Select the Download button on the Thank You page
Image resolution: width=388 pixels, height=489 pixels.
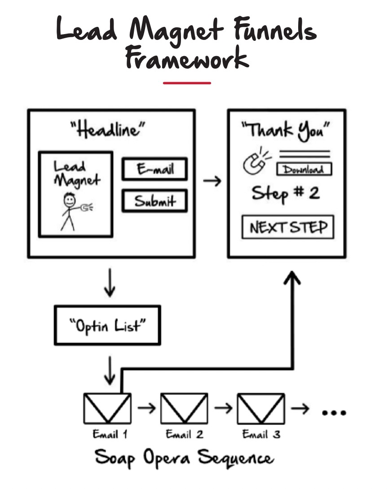pyautogui.click(x=304, y=169)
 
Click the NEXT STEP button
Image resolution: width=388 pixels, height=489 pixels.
pyautogui.click(x=288, y=227)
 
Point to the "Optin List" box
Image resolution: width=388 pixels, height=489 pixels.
pyautogui.click(x=107, y=325)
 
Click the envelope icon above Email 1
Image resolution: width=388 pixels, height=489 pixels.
pyautogui.click(x=107, y=408)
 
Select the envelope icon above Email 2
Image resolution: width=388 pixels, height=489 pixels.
pyautogui.click(x=184, y=408)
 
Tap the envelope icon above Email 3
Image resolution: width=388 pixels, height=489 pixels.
pyautogui.click(x=261, y=408)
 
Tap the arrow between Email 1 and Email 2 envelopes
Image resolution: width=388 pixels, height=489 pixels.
pyautogui.click(x=146, y=408)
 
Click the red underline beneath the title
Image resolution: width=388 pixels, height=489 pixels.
pyautogui.click(x=187, y=83)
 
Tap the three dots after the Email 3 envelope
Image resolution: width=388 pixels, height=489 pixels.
pyautogui.click(x=335, y=412)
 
